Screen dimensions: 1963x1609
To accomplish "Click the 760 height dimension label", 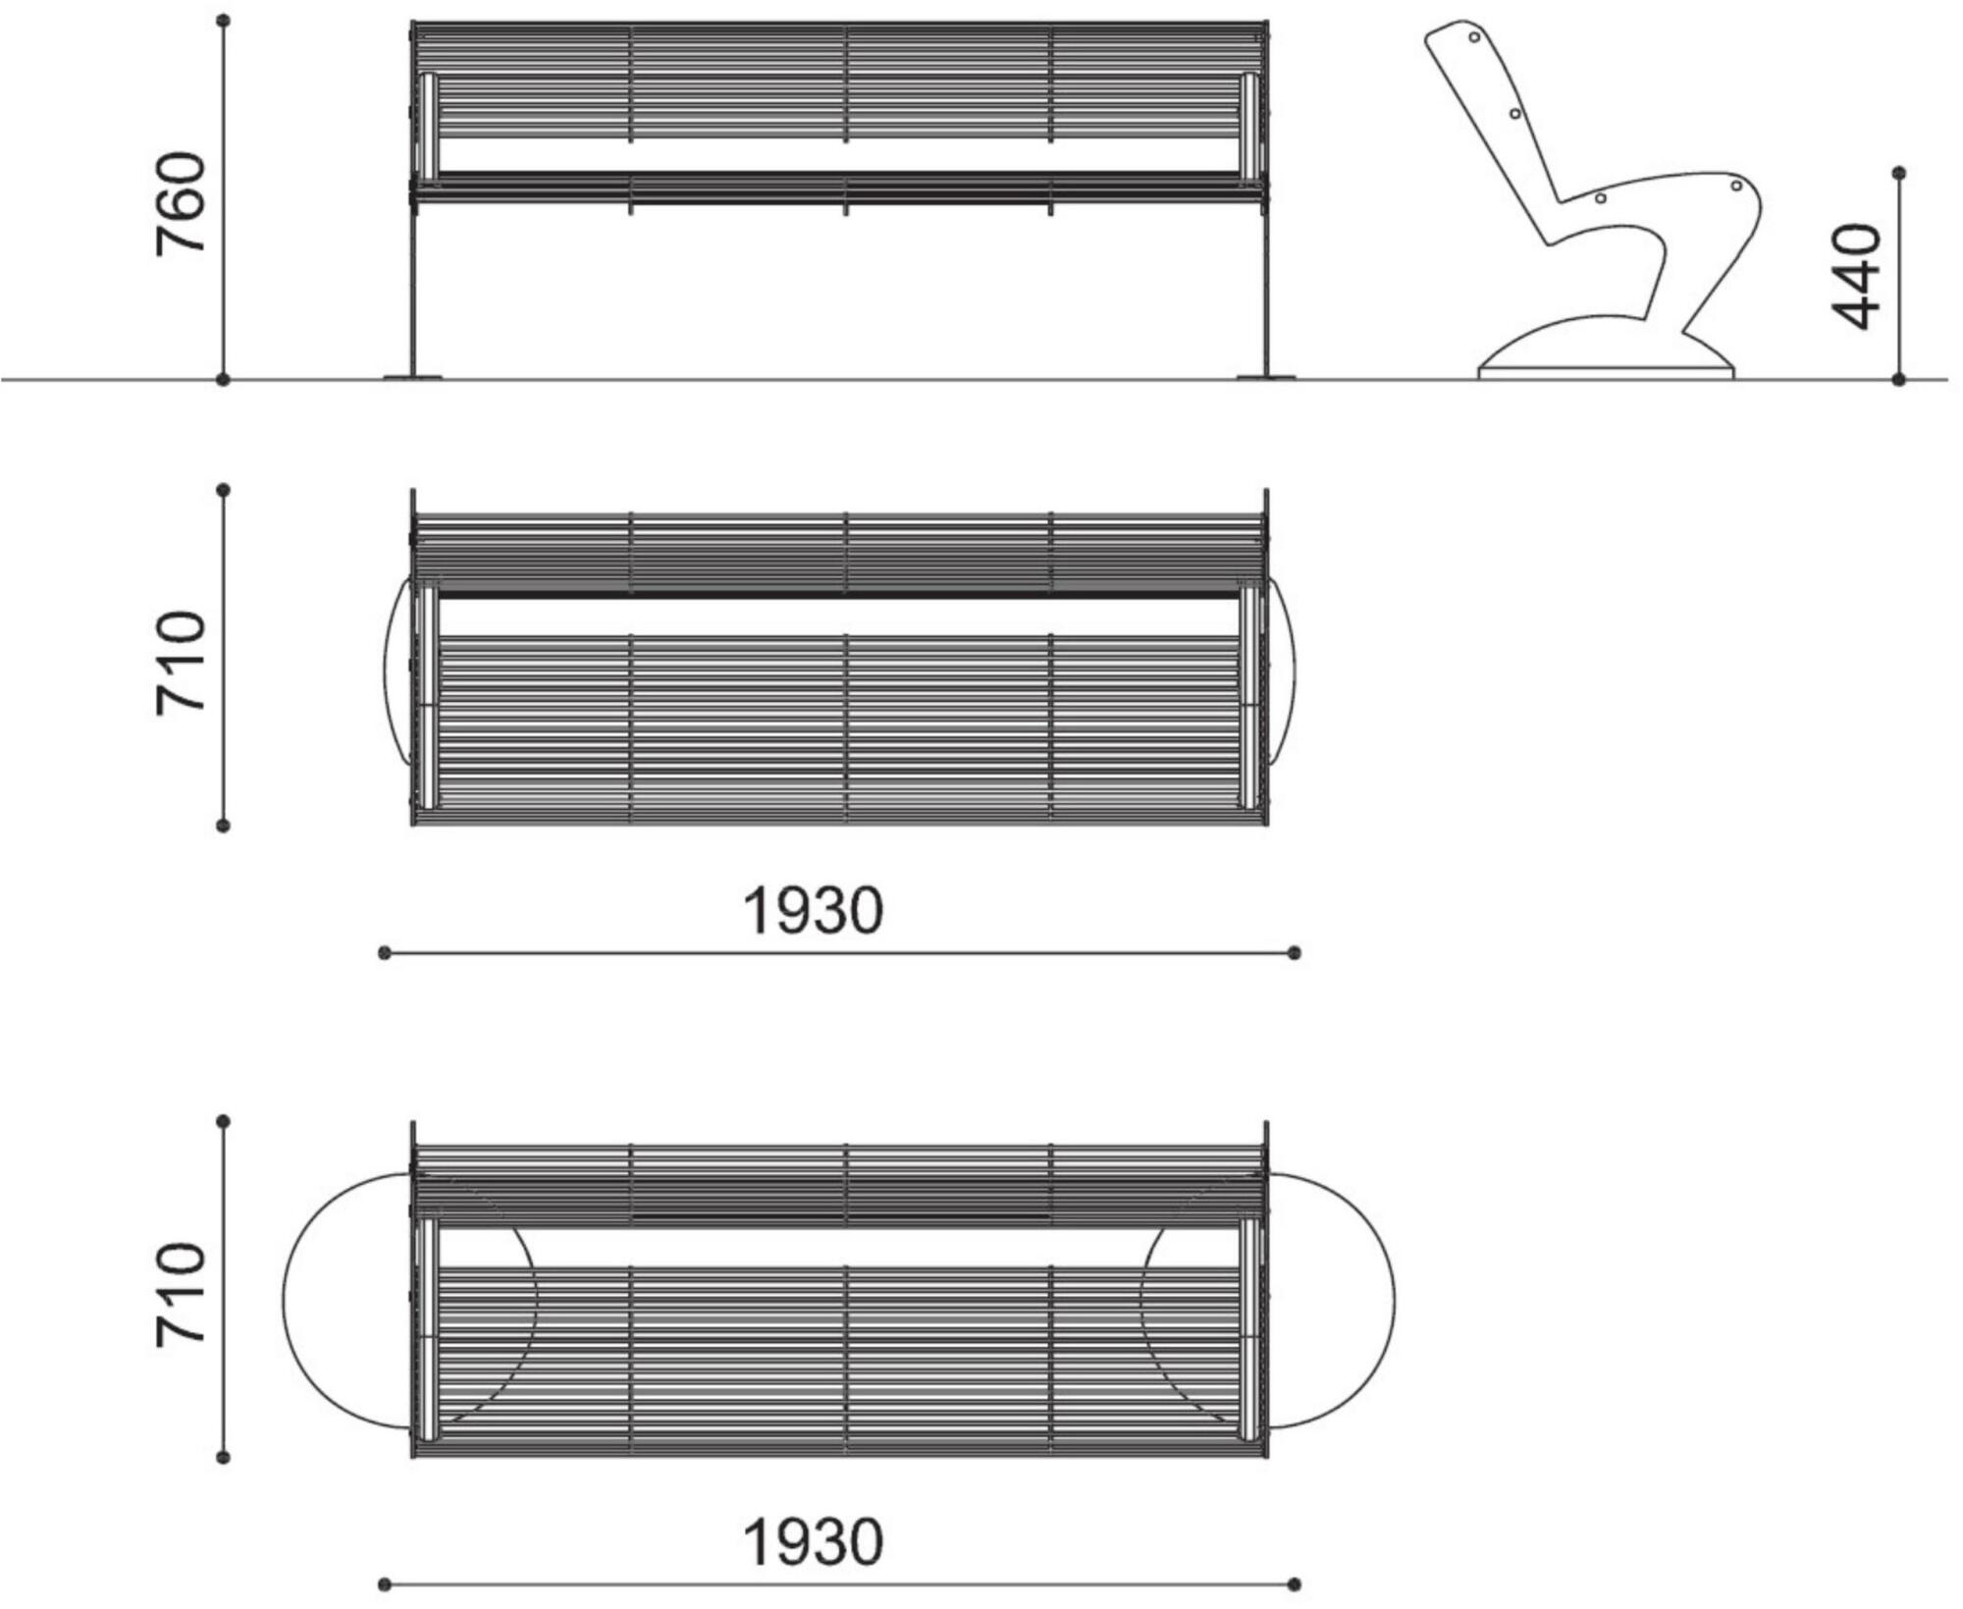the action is [x=181, y=204].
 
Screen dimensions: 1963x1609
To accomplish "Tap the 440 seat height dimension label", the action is [x=1856, y=277].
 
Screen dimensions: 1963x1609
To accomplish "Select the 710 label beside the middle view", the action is [x=181, y=664].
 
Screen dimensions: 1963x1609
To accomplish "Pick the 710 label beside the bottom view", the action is [x=181, y=1295].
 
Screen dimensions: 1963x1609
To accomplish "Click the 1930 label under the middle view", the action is [x=813, y=910].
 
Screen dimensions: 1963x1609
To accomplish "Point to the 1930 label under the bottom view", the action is [x=813, y=1542].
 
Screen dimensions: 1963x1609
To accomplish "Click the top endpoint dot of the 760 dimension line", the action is [x=223, y=20].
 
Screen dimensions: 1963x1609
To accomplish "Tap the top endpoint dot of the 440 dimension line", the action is [x=1898, y=173].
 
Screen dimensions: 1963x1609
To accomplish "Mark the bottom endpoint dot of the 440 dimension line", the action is [x=1898, y=379].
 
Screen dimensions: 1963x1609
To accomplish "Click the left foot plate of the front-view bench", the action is [x=412, y=376].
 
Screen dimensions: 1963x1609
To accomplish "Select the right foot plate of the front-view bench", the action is [x=1266, y=376].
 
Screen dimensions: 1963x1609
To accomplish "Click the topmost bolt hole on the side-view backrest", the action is [x=1474, y=37].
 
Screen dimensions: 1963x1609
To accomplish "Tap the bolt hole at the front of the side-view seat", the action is [x=1736, y=186].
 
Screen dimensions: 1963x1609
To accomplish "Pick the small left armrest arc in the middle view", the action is [x=385, y=671].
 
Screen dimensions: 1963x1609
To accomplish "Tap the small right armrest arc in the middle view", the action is [x=1294, y=671].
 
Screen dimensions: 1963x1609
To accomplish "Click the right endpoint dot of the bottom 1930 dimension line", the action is [x=1294, y=1584].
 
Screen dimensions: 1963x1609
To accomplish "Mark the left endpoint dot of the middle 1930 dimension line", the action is [x=385, y=952].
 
